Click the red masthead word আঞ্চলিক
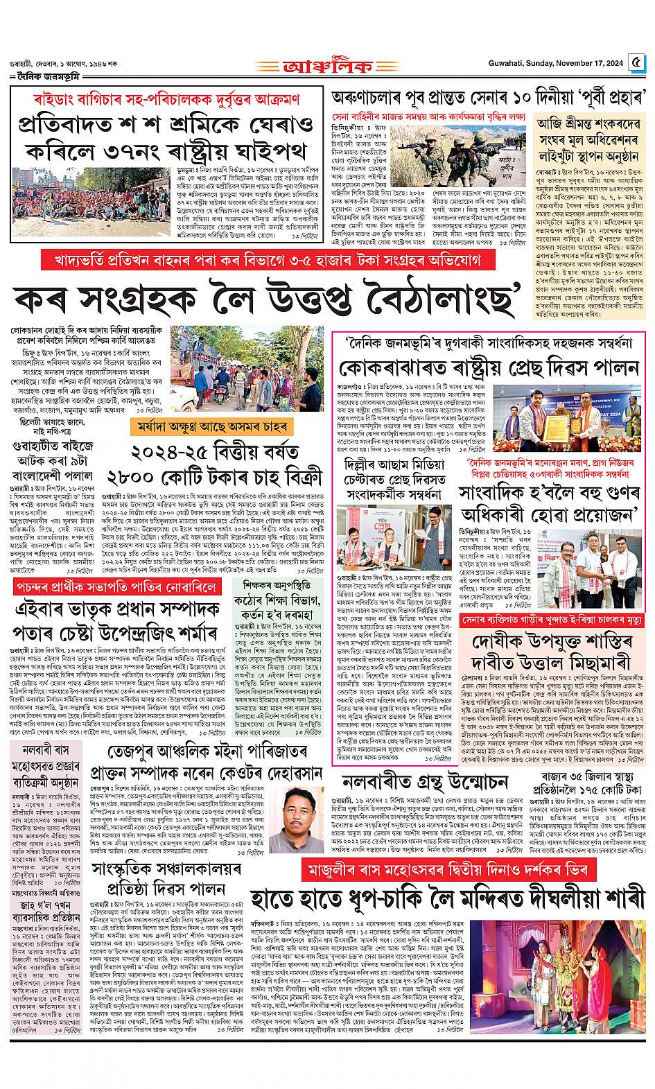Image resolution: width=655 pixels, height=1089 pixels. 326,68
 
